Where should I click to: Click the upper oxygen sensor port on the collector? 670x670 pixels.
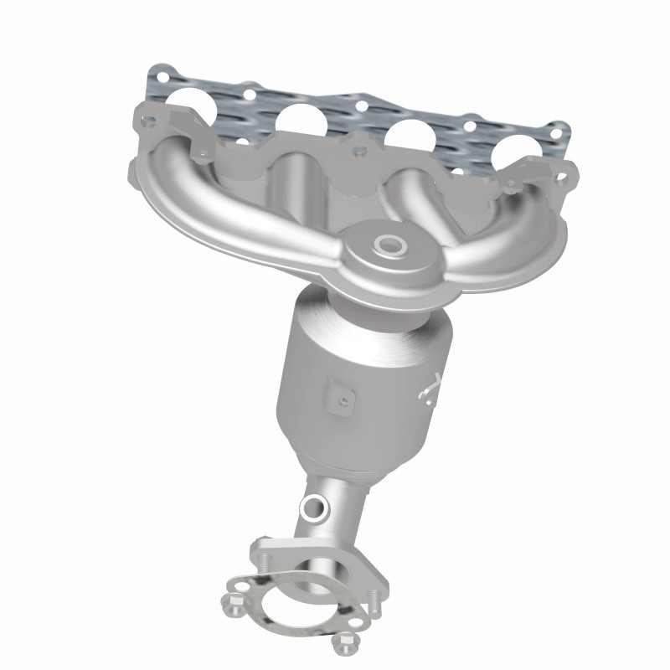click(389, 245)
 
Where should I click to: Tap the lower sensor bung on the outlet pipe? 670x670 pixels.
click(314, 506)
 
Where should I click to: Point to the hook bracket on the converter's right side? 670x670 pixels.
click(430, 386)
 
